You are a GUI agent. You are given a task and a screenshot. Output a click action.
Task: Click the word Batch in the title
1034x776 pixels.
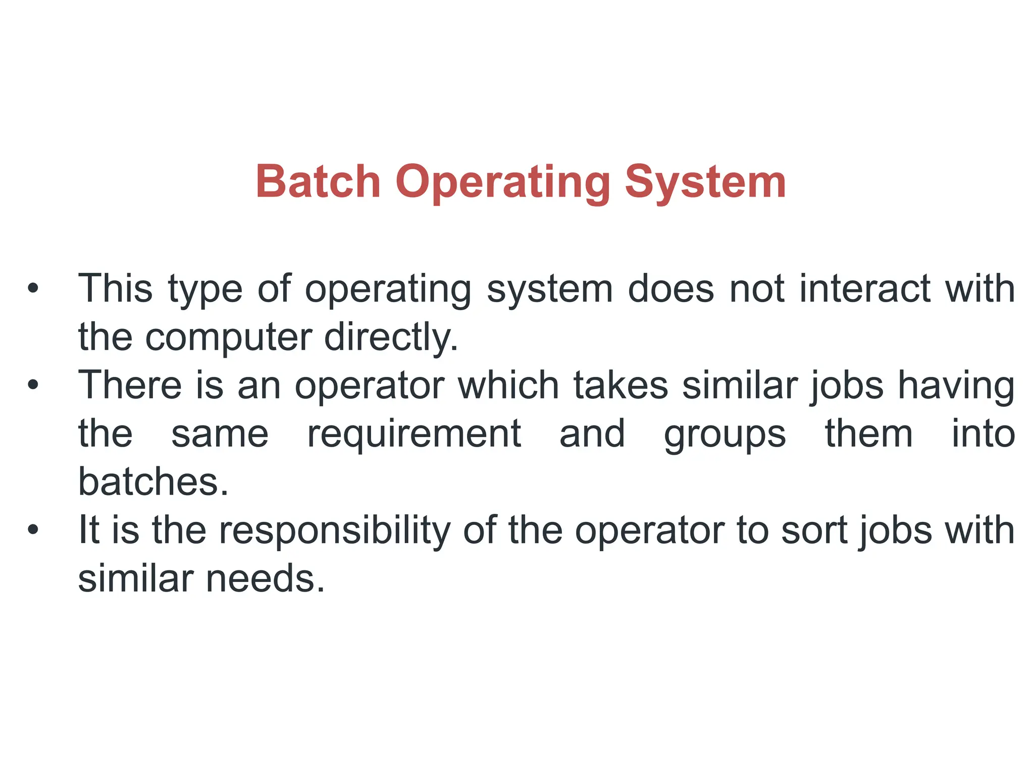click(x=318, y=182)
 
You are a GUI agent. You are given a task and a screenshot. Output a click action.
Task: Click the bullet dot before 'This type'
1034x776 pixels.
click(x=33, y=288)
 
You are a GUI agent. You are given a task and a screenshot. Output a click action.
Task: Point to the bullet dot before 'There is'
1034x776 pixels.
click(x=33, y=385)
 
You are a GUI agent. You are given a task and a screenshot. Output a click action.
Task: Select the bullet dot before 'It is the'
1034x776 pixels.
click(x=33, y=530)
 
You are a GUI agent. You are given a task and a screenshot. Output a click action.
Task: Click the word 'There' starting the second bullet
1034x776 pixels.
click(x=130, y=385)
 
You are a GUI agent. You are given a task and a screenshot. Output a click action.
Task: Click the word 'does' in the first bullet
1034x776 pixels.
click(x=671, y=288)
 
